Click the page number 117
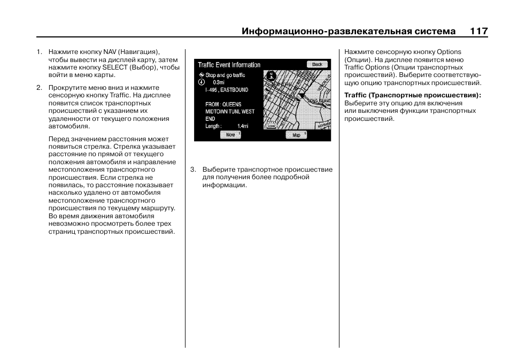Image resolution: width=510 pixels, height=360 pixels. [x=478, y=31]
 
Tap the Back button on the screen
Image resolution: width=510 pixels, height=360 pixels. [x=317, y=64]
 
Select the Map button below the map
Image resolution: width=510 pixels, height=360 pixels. [x=296, y=135]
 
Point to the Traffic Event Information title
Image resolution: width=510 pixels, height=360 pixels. [x=229, y=65]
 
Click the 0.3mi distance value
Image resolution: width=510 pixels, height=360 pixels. [x=219, y=83]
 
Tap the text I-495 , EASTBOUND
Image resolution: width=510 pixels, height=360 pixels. [x=227, y=90]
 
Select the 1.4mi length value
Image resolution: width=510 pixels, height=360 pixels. [x=243, y=126]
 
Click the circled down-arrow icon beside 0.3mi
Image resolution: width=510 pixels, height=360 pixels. [x=202, y=83]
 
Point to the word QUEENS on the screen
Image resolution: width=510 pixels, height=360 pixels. [x=231, y=104]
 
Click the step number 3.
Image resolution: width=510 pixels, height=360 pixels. [x=193, y=170]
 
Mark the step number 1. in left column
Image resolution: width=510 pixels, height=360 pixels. [x=39, y=52]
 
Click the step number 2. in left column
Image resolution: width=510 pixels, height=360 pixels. [x=39, y=88]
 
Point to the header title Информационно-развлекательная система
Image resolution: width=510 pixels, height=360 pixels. [x=349, y=31]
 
